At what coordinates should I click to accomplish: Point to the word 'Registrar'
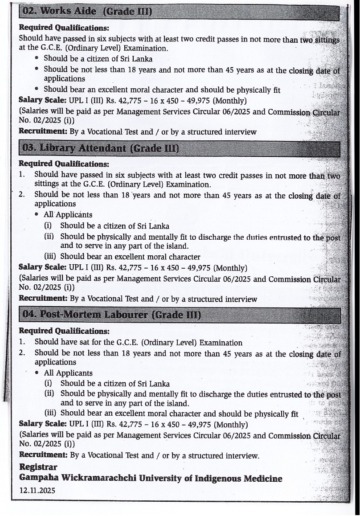38,467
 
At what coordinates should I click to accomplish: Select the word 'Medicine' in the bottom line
262,479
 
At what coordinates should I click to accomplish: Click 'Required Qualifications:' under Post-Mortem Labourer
64,331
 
